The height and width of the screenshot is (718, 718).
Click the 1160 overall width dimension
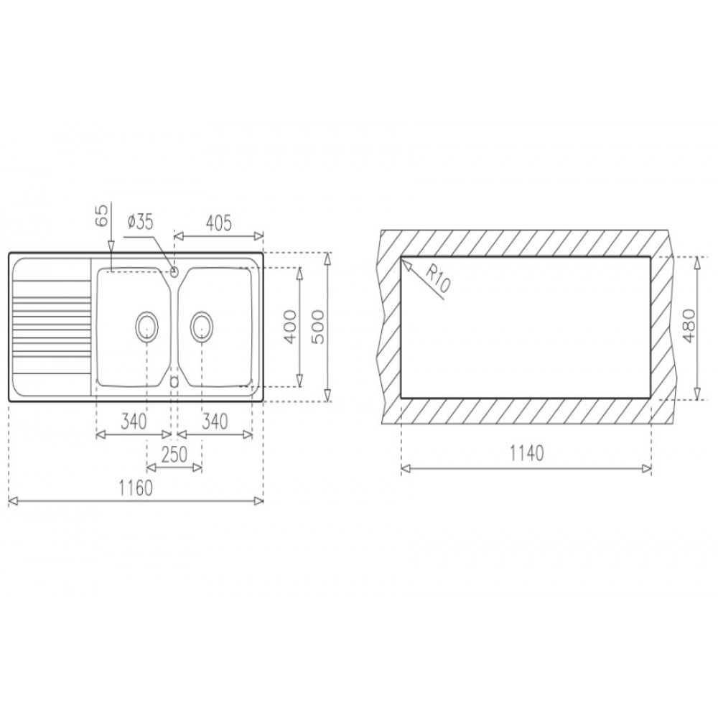136,488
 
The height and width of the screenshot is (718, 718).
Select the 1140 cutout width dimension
526,453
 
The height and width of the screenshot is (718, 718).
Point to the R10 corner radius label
438,279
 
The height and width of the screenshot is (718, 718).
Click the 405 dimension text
218,223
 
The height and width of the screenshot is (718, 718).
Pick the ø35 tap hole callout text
141,223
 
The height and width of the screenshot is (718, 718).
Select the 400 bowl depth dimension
289,327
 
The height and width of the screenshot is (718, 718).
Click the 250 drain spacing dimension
174,454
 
